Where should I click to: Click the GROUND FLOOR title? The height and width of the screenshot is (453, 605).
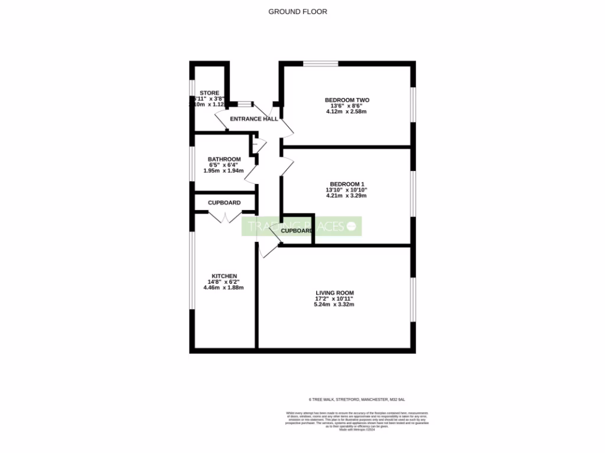298,11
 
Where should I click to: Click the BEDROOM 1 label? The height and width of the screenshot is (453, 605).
346,184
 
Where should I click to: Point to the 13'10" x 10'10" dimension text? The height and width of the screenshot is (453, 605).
346,190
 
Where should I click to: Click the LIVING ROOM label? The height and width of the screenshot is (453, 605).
334,293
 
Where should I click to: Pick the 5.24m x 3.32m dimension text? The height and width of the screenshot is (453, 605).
334,305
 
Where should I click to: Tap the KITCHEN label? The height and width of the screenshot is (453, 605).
225,276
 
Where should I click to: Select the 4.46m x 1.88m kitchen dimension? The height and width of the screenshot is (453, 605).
223,288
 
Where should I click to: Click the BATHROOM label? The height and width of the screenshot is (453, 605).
224,159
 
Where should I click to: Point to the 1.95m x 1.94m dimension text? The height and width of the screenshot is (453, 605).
223,171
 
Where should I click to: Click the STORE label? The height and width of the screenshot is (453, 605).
209,93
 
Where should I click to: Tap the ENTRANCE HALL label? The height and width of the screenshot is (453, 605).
253,119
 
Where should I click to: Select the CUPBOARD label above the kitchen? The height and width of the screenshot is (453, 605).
224,203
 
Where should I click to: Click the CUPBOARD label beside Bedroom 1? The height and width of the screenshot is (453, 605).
296,231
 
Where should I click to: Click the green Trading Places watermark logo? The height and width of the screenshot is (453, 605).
301,226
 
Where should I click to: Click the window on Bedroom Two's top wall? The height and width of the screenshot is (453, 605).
317,64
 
